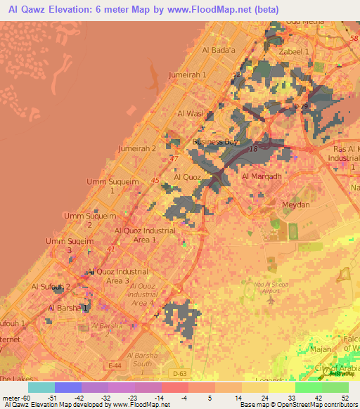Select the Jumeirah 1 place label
click(x=188, y=74)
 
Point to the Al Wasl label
click(x=190, y=113)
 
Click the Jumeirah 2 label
click(x=137, y=149)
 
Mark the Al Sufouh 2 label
click(x=51, y=287)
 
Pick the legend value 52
click(x=345, y=397)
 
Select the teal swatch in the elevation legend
click(x=41, y=387)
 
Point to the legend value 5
click(x=191, y=397)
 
